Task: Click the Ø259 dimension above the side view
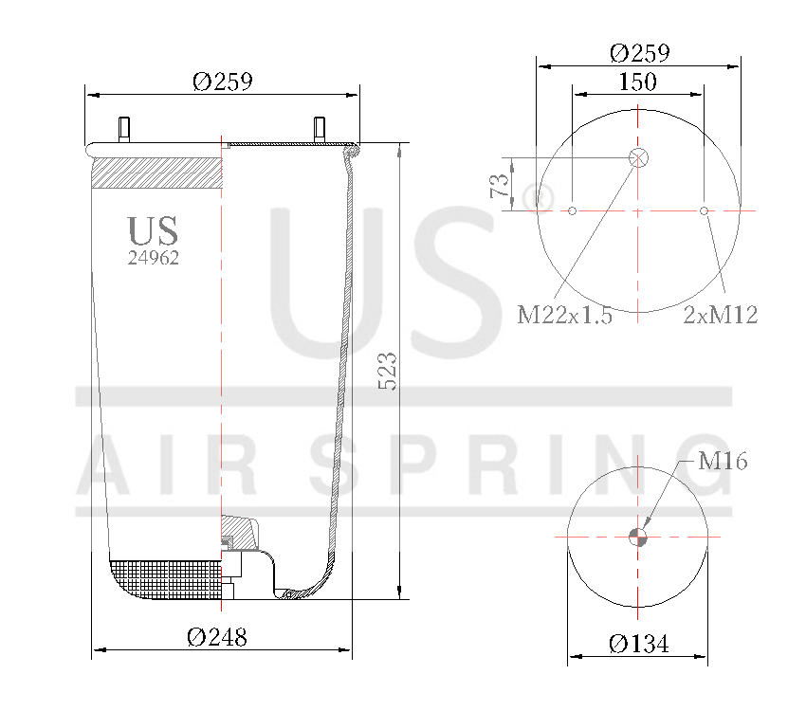pos(222,82)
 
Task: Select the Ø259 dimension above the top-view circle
pos(639,52)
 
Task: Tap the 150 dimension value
pos(637,82)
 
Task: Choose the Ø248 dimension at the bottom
pos(217,638)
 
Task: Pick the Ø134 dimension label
pos(638,645)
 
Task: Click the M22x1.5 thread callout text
pos(564,316)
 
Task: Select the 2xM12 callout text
pos(721,316)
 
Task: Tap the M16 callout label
pos(723,462)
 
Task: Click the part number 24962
pos(154,257)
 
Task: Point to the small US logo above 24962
pos(153,230)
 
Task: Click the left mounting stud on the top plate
pos(123,129)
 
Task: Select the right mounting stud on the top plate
pos(319,129)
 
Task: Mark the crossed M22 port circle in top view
pos(638,158)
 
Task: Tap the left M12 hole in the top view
pos(573,210)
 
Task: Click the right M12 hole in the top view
pos(704,210)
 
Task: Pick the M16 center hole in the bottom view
pos(638,537)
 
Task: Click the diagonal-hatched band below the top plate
pos(156,174)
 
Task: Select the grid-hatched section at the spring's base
pos(166,579)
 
